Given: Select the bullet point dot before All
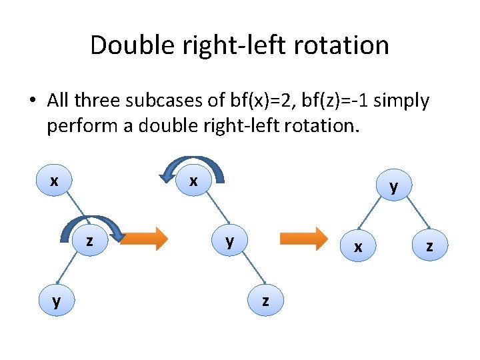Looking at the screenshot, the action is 32,102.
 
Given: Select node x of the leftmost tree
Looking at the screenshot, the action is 53,181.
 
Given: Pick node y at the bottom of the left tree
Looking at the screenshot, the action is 56,301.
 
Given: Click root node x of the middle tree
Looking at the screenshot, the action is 193,181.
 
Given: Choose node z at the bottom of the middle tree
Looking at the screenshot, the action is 265,301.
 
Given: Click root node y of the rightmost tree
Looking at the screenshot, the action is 393,186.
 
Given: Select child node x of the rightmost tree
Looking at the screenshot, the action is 358,247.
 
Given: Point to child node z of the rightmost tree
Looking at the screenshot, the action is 429,247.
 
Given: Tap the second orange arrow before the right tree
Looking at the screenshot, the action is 303,238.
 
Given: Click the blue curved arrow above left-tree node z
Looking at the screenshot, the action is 92,225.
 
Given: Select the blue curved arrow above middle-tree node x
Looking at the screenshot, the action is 193,165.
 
